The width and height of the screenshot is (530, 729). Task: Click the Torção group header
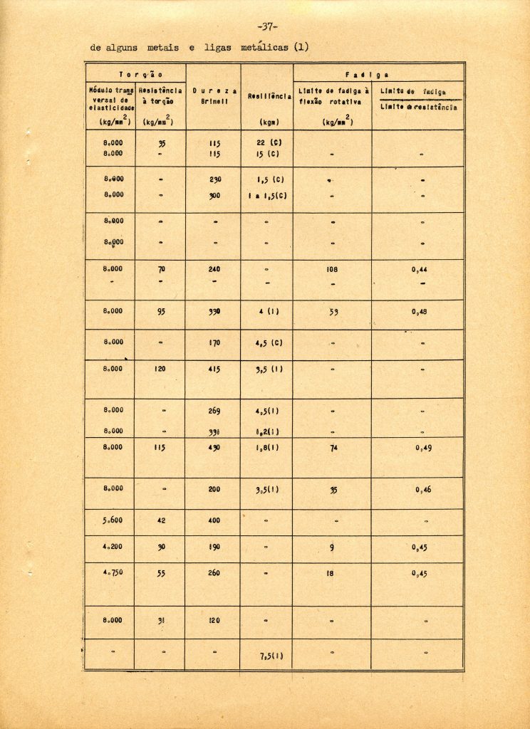click(x=136, y=73)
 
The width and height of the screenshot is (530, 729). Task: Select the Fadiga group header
click(x=378, y=73)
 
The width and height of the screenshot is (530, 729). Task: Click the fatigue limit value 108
click(x=331, y=270)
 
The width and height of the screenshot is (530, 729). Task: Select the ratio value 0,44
click(x=419, y=270)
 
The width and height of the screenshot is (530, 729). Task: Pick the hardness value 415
click(x=214, y=369)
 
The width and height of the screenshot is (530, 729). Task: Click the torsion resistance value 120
click(x=160, y=369)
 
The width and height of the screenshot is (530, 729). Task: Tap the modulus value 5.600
click(x=113, y=520)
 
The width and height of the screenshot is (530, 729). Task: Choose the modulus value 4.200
click(x=113, y=547)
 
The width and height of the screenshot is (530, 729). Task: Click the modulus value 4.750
click(x=113, y=572)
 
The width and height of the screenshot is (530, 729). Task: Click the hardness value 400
click(x=214, y=520)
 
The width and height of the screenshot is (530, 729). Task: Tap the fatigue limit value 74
click(x=331, y=448)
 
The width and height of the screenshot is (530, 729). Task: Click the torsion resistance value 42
click(x=160, y=520)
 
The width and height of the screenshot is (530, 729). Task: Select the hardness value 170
click(x=214, y=342)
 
